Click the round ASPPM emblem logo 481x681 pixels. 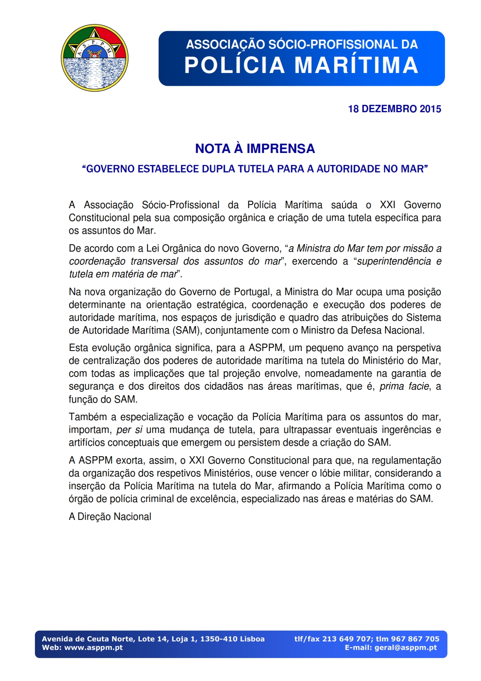tap(95, 58)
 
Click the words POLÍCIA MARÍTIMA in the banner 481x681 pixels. tap(301, 65)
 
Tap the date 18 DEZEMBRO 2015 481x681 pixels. tap(394, 109)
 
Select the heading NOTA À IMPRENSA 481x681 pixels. tap(255, 149)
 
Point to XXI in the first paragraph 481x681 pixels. tap(387, 205)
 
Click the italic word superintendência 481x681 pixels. tap(394, 261)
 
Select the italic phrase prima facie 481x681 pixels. tap(404, 387)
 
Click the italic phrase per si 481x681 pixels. tap(129, 430)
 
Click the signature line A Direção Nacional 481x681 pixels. tap(110, 517)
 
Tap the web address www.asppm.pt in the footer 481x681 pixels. tap(93, 648)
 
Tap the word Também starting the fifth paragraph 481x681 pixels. tap(88, 417)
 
